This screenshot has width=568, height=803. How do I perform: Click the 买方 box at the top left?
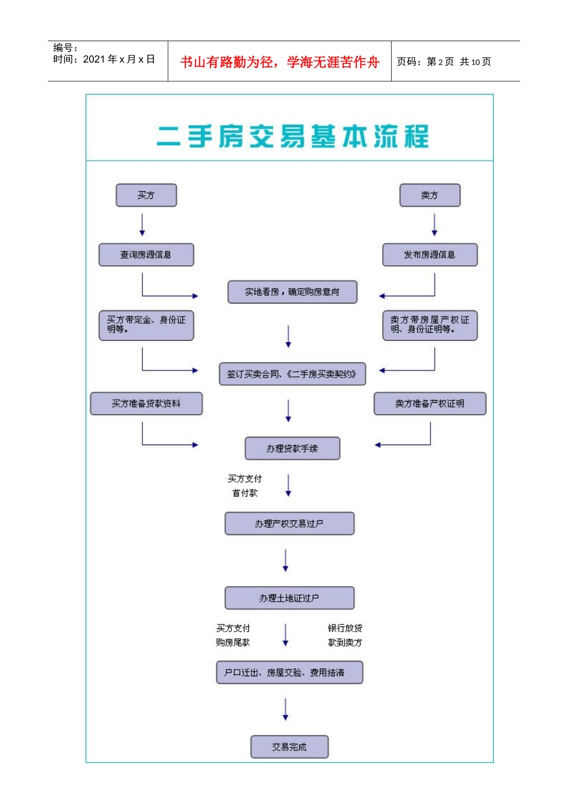[x=146, y=195]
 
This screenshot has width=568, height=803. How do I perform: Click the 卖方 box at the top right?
[x=429, y=195]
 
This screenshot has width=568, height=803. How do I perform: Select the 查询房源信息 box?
[x=146, y=255]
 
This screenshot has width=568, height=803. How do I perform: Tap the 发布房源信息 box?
[x=429, y=255]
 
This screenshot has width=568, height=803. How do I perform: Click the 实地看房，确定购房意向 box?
[x=292, y=292]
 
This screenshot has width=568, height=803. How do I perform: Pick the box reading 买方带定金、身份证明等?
[x=146, y=325]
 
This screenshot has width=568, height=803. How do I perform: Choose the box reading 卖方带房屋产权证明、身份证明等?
[x=429, y=325]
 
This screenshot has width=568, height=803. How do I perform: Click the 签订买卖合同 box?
[x=292, y=374]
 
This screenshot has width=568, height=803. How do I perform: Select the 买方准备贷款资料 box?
[x=146, y=403]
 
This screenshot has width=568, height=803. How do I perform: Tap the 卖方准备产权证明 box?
[x=429, y=403]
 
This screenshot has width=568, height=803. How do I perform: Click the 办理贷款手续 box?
[x=292, y=449]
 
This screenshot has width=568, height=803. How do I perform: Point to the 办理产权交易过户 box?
[x=289, y=523]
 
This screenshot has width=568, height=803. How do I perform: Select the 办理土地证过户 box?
[x=289, y=598]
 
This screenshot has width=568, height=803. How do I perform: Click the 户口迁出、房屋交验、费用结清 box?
[x=289, y=673]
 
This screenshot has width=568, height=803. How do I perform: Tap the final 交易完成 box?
[x=289, y=747]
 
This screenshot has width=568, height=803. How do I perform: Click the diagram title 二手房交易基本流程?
[x=292, y=136]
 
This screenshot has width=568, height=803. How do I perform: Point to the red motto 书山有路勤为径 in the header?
[x=279, y=62]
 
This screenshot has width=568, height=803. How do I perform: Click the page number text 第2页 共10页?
[x=444, y=62]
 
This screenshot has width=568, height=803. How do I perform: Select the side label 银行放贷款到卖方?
[x=344, y=635]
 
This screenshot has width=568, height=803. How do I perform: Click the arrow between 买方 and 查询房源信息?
[x=142, y=225]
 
